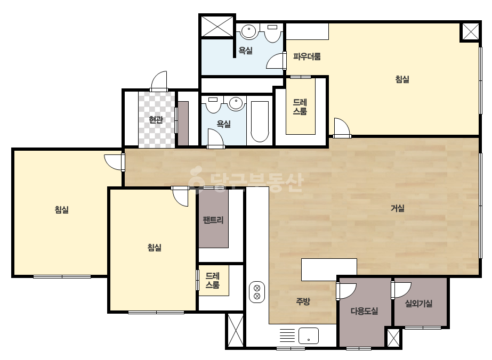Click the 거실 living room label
coord(398,208)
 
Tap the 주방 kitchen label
coord(303,301)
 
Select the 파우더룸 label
coord(307,57)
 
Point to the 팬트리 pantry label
coord(213,220)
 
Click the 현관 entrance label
coord(156,119)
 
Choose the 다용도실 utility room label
coord(364,311)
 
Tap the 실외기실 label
coord(418,303)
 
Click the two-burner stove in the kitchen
coord(257,292)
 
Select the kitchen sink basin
coord(309,336)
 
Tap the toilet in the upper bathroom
coord(272,32)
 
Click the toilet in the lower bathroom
coord(213,104)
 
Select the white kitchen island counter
coord(329,269)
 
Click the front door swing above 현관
coord(159,81)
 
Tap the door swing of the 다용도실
coord(346,291)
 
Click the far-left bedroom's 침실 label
coord(62,209)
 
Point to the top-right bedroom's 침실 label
coord(402,79)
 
